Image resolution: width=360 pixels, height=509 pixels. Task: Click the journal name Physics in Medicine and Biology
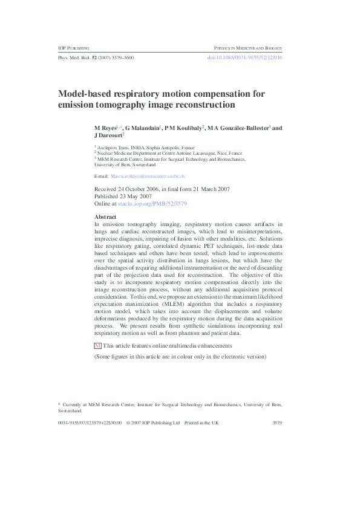248,47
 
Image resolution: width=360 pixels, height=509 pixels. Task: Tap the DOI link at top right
245,57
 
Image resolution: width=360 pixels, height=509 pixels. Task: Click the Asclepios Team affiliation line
143,148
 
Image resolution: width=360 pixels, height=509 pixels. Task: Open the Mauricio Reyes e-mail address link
148,176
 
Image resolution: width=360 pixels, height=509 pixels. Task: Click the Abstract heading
105,216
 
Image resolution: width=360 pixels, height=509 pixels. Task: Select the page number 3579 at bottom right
278,423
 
